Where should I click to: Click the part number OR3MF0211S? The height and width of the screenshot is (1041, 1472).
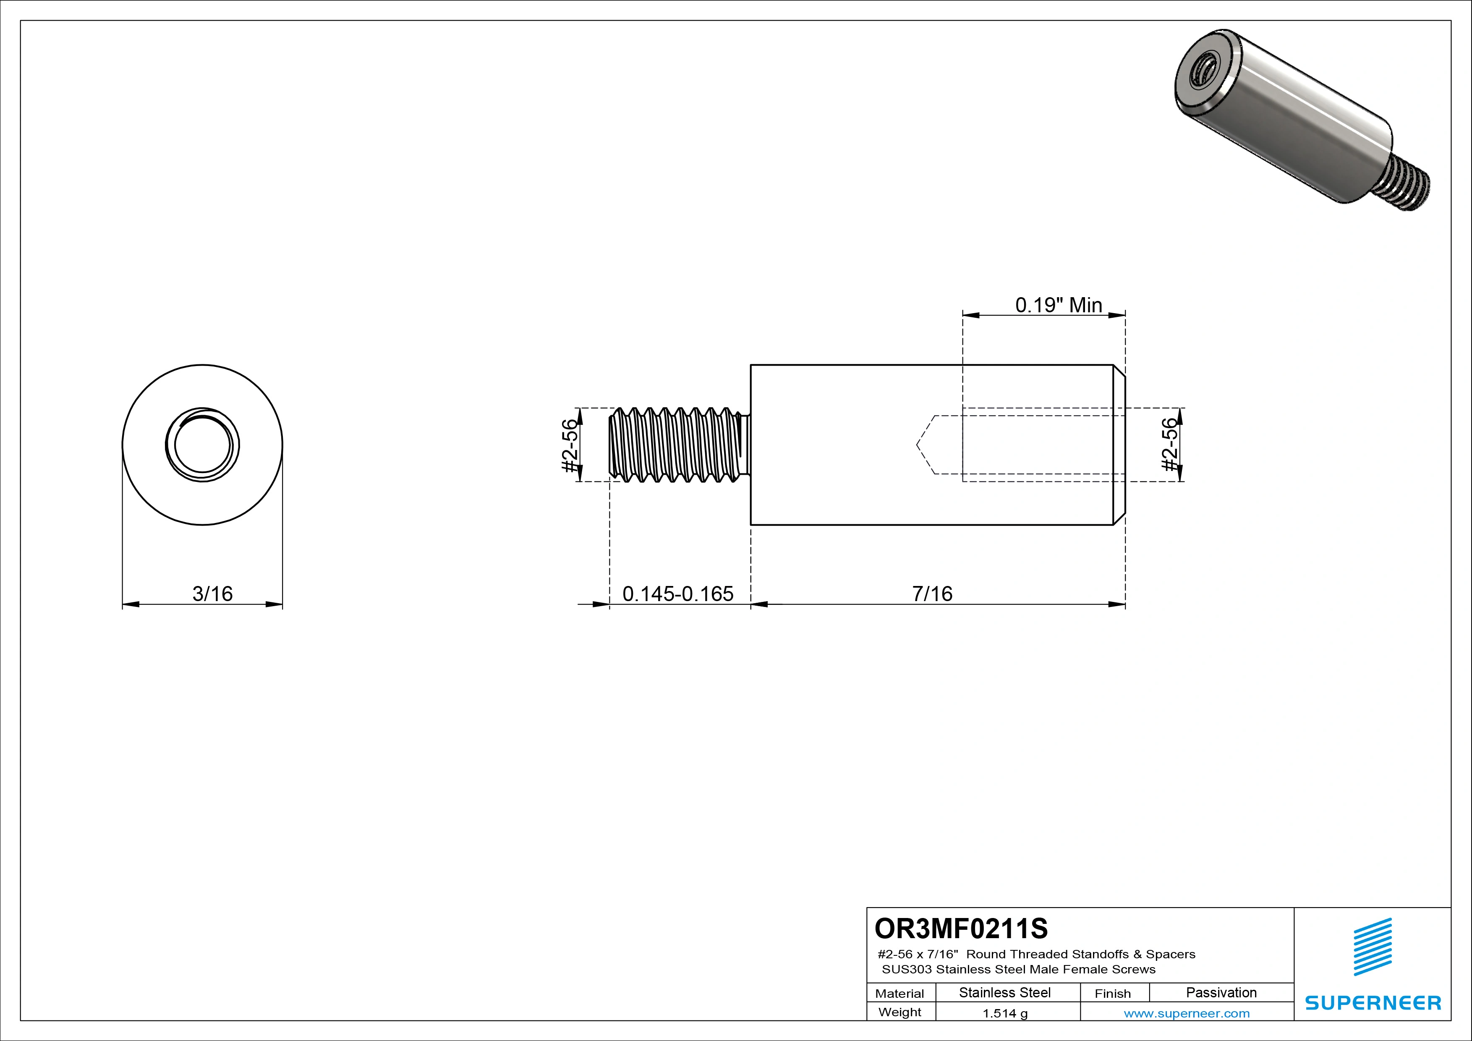pyautogui.click(x=960, y=928)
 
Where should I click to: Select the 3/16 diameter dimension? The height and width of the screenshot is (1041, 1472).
pyautogui.click(x=212, y=594)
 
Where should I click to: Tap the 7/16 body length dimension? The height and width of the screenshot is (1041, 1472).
pyautogui.click(x=932, y=594)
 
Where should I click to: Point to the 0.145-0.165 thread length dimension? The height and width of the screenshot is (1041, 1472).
pyautogui.click(x=678, y=594)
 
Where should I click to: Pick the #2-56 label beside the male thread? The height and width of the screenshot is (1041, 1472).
pyautogui.click(x=569, y=445)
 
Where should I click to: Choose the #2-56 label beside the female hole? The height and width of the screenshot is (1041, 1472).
pyautogui.click(x=1170, y=445)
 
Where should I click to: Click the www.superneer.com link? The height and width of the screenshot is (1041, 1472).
pyautogui.click(x=1186, y=1013)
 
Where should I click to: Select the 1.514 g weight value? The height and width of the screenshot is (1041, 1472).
pyautogui.click(x=1004, y=1013)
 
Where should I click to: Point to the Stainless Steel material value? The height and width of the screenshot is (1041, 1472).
pyautogui.click(x=1004, y=992)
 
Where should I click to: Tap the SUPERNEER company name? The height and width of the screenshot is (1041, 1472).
pyautogui.click(x=1373, y=1002)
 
